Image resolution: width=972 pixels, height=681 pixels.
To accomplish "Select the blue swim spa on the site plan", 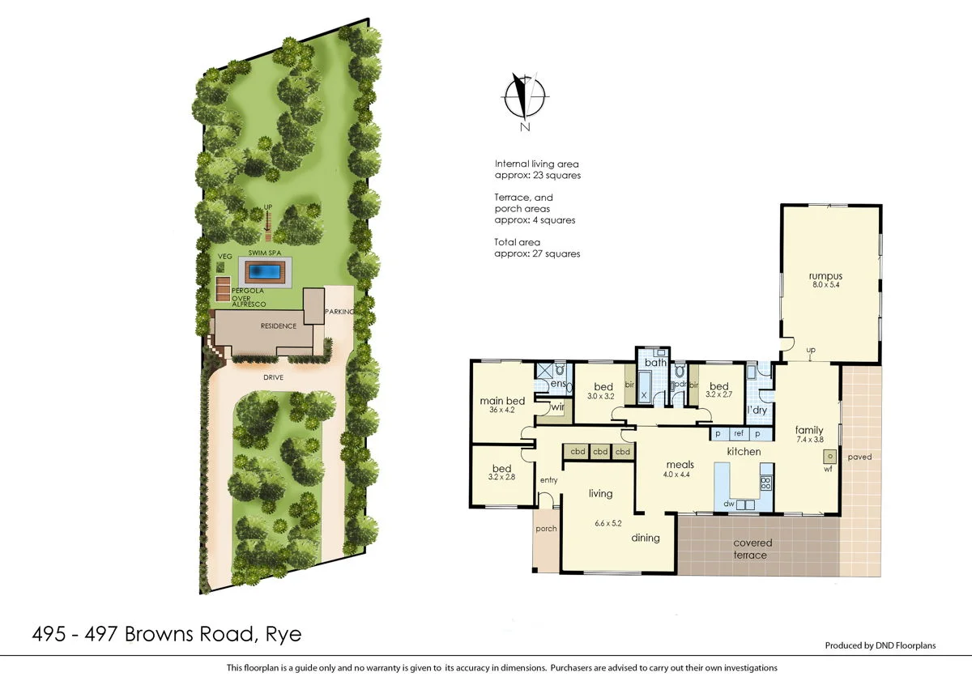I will [x=264, y=270].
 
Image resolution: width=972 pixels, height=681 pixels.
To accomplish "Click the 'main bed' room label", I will [x=502, y=401].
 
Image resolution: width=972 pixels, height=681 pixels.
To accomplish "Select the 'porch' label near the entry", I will [x=546, y=529].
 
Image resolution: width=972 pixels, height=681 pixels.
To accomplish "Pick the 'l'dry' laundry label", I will [x=757, y=411].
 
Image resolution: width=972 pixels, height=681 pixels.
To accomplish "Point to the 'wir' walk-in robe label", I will [x=557, y=408].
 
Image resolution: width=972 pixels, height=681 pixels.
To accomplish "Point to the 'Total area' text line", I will [x=517, y=242].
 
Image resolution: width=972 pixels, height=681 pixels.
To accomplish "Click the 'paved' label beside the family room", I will [x=859, y=457].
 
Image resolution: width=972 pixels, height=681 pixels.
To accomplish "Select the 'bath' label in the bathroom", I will [x=655, y=363].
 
